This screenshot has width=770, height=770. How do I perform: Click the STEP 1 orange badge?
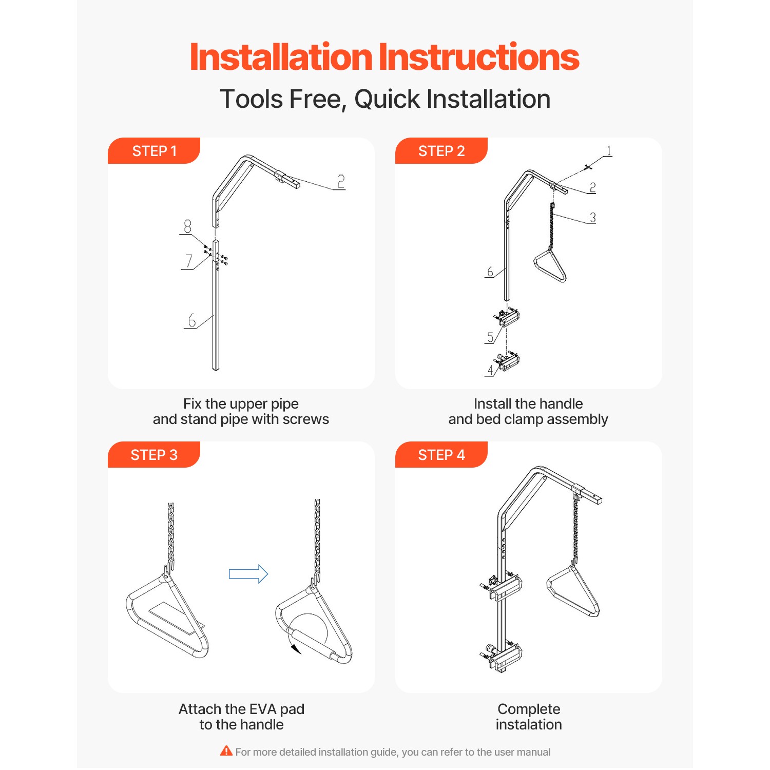tap(154, 151)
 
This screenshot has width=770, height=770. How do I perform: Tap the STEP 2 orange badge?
tap(441, 151)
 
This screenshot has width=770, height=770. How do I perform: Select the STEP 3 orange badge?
tap(154, 455)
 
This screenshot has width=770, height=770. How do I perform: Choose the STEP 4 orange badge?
tap(441, 455)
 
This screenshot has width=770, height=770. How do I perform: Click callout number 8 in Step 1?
tap(187, 226)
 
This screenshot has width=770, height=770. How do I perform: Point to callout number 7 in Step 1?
tap(189, 261)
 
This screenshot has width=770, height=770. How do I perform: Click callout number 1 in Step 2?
tap(609, 150)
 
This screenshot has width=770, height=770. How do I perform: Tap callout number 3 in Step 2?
tap(592, 217)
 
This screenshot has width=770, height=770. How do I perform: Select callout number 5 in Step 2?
tap(490, 337)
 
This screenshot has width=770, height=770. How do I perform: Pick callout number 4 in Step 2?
tap(490, 370)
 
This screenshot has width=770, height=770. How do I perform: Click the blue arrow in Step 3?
tap(248, 573)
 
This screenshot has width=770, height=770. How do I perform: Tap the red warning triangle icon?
tap(226, 751)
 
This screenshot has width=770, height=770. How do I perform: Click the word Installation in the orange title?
tap(281, 57)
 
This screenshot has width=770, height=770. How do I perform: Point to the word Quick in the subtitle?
tap(387, 99)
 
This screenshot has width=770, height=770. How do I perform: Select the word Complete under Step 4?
tap(529, 709)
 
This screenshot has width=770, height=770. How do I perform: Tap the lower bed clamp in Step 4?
tap(502, 657)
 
